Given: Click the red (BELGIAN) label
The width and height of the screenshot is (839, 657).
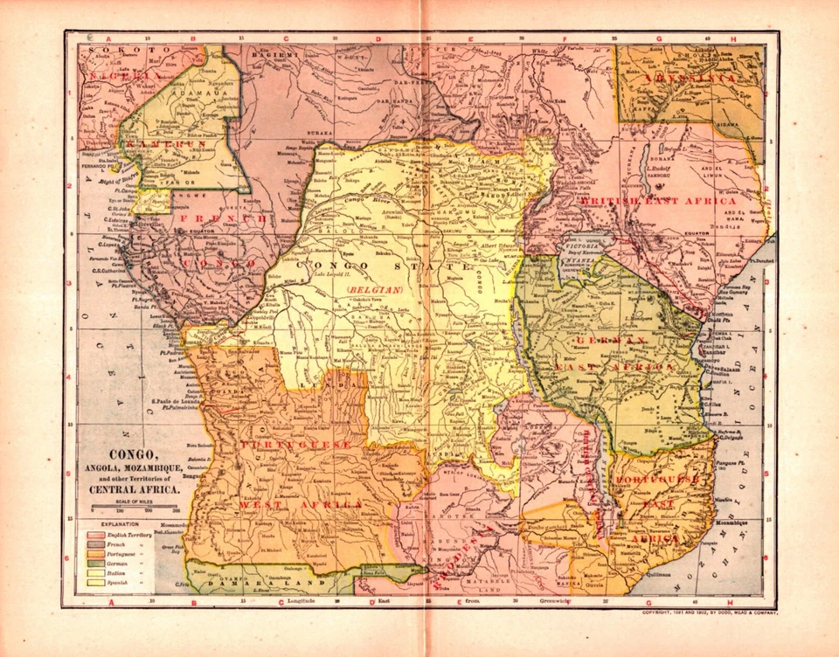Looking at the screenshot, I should (x=373, y=287).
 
